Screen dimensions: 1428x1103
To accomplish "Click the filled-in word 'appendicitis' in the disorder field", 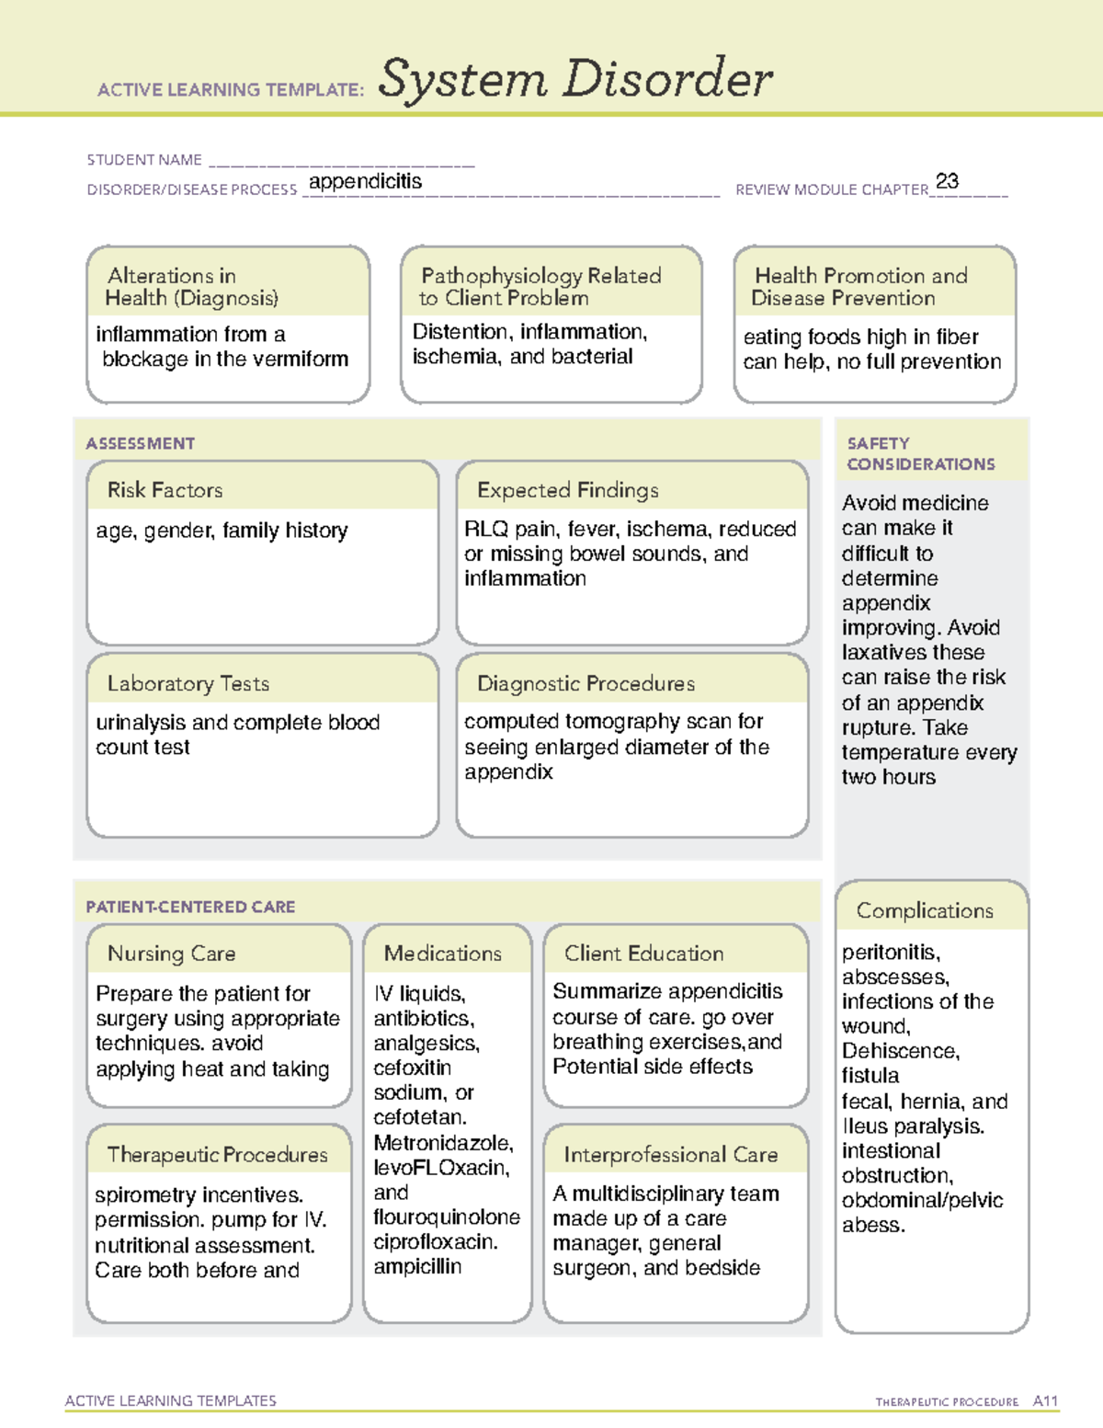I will click(365, 181).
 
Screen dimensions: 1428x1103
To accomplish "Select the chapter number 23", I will click(947, 181).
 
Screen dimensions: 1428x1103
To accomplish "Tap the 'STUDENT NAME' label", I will click(144, 160).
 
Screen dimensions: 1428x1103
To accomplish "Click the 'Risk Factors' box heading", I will click(165, 490).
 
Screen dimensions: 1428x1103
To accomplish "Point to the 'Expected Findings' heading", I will click(567, 490).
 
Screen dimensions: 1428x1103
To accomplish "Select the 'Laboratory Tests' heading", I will click(188, 683).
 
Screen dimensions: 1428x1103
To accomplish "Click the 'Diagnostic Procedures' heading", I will click(586, 683).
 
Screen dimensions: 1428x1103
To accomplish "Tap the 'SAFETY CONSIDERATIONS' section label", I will click(920, 453).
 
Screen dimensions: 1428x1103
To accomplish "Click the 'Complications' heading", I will click(925, 910).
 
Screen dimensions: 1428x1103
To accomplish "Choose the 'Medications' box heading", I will click(442, 954).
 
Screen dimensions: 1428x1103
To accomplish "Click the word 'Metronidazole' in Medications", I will click(441, 1143).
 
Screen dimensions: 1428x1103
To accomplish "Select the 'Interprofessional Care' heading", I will click(670, 1154).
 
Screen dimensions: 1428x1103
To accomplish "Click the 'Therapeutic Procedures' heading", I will click(217, 1154).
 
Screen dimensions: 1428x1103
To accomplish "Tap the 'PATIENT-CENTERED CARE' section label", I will click(190, 907).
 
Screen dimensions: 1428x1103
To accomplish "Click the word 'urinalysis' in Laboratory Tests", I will click(141, 723).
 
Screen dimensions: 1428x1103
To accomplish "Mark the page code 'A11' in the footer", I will click(1045, 1400).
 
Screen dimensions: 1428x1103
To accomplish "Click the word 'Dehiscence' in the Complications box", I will click(899, 1051).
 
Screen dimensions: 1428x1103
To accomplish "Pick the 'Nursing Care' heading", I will click(171, 954).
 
